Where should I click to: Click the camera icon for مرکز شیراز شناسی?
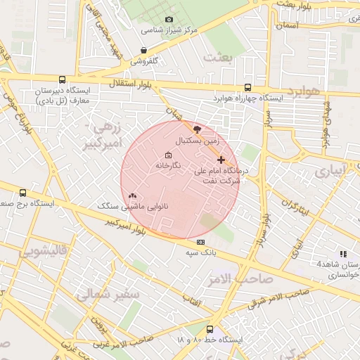(x=168, y=20)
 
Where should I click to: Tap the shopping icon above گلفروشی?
(x=143, y=51)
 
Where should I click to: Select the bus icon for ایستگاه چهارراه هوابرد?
(x=247, y=87)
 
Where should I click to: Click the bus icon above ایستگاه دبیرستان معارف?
(x=63, y=80)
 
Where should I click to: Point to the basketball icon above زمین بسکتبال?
(x=197, y=129)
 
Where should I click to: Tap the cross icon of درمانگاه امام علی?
(x=221, y=160)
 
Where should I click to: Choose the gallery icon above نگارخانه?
(x=167, y=155)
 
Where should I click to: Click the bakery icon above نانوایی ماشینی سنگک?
(x=133, y=196)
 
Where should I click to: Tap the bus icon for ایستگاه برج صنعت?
(x=23, y=193)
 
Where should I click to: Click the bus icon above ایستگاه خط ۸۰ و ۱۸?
(x=210, y=328)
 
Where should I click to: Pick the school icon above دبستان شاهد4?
(x=343, y=253)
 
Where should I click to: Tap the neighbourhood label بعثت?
(x=217, y=57)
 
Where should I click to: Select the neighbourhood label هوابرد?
(x=304, y=91)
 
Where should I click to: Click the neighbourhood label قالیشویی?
(x=44, y=251)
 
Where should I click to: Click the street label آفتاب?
(x=191, y=302)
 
